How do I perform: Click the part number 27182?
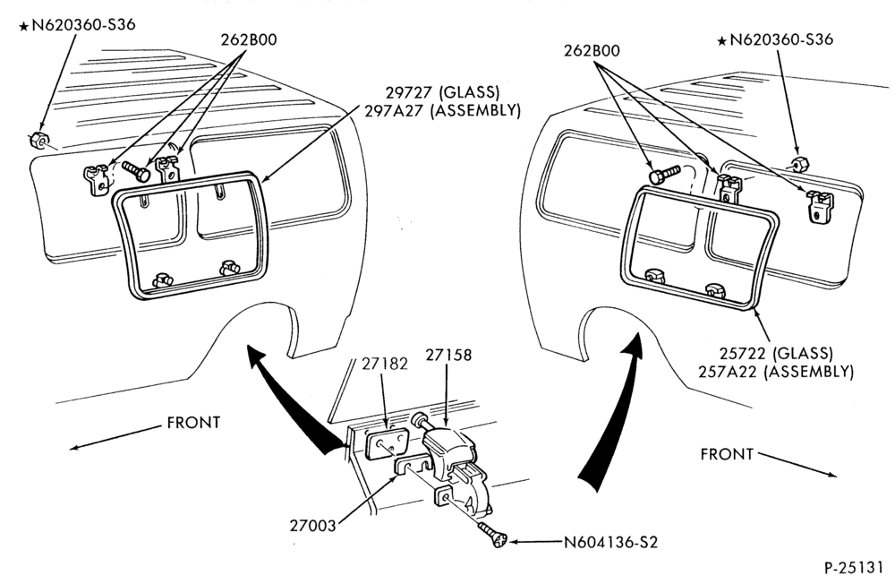[384, 364]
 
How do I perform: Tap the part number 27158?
[448, 355]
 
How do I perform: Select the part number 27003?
[312, 526]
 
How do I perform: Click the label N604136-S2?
[610, 542]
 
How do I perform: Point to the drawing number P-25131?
[853, 568]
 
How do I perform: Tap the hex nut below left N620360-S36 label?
[38, 140]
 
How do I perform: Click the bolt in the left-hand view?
[136, 171]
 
